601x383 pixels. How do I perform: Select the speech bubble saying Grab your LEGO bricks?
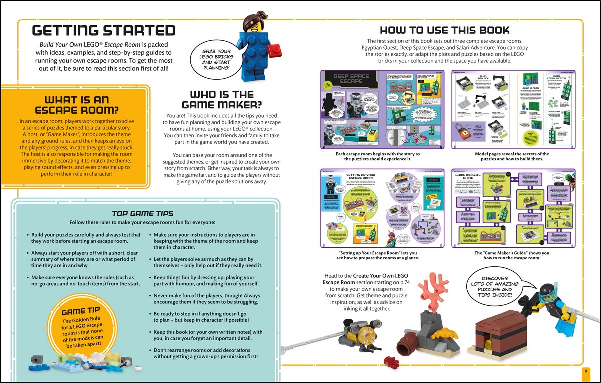coord(216,60)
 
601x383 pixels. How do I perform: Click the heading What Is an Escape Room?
coord(77,105)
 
